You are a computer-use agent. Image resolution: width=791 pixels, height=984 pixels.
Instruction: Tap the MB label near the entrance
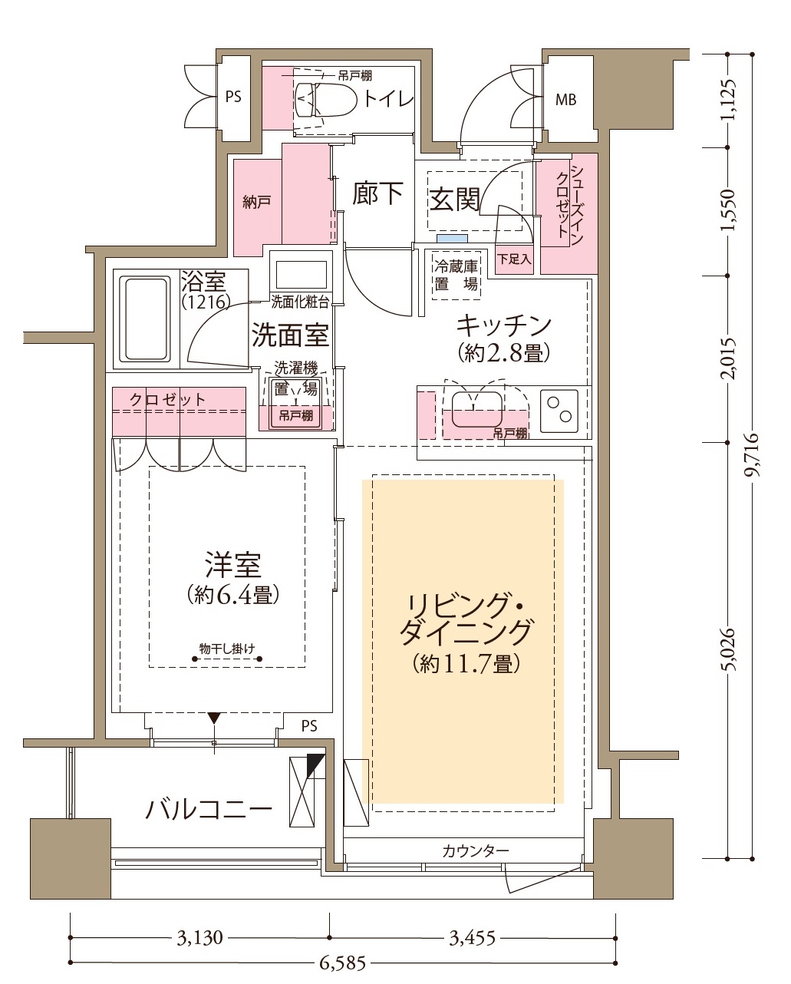(565, 99)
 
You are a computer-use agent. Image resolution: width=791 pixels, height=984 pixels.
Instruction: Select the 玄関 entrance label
(454, 200)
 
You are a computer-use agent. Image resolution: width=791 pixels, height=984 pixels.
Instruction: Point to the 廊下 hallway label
(377, 193)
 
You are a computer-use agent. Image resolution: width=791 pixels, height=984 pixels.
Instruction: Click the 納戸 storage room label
(256, 202)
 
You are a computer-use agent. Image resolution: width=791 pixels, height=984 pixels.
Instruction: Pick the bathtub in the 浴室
(146, 319)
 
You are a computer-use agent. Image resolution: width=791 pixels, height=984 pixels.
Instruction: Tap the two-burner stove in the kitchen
(559, 410)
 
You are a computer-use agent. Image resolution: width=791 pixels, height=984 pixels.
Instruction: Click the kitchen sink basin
(477, 408)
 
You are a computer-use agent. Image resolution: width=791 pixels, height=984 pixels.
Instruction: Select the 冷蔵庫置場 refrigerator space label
(456, 275)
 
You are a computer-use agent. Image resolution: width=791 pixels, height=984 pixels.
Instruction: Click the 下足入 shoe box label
(514, 259)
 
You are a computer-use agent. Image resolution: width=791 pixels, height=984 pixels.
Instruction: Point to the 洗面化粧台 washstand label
(300, 302)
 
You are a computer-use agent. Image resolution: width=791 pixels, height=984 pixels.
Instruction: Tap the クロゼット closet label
(167, 400)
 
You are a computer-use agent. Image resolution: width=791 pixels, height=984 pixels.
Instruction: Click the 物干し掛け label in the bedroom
(227, 649)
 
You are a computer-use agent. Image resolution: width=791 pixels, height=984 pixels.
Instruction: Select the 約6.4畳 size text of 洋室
(233, 595)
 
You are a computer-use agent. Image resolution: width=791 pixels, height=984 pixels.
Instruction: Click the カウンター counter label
(475, 851)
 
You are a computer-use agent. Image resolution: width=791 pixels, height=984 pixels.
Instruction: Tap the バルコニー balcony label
(209, 809)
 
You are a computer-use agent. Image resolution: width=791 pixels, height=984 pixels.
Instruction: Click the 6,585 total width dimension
(342, 963)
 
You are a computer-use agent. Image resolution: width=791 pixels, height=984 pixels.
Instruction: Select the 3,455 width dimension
(473, 937)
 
